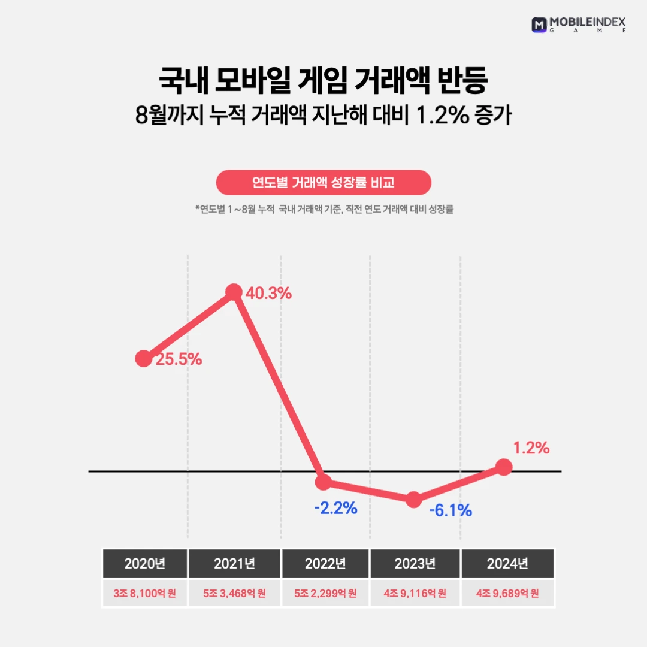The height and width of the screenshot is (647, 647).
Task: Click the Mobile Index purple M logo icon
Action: (539, 25)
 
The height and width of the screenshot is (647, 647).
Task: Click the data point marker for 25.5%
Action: (144, 359)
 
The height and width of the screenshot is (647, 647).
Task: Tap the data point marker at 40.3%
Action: (234, 292)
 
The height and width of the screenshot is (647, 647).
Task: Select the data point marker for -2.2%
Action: (323, 481)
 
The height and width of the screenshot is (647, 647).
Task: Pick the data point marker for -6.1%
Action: (413, 500)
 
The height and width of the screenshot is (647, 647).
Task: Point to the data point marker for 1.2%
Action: (504, 467)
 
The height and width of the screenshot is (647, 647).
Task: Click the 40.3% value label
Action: (268, 294)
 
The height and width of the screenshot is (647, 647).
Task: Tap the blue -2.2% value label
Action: (335, 509)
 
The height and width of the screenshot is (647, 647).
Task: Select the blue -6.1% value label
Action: (451, 510)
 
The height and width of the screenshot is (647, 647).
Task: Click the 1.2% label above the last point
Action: (531, 448)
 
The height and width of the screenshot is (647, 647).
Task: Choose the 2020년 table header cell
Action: (144, 564)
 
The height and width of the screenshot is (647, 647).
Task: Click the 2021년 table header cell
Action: (234, 564)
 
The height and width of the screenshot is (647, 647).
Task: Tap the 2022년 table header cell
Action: (325, 564)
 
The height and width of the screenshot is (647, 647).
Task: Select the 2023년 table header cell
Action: (415, 564)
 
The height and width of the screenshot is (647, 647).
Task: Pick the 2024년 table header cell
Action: (507, 564)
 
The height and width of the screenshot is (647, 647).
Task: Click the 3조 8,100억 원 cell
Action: (144, 594)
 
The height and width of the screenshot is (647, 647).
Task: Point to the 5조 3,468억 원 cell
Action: (234, 594)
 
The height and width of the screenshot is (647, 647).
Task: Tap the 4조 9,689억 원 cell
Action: (507, 594)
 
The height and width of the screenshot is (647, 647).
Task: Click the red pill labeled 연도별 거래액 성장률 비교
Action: (323, 183)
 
